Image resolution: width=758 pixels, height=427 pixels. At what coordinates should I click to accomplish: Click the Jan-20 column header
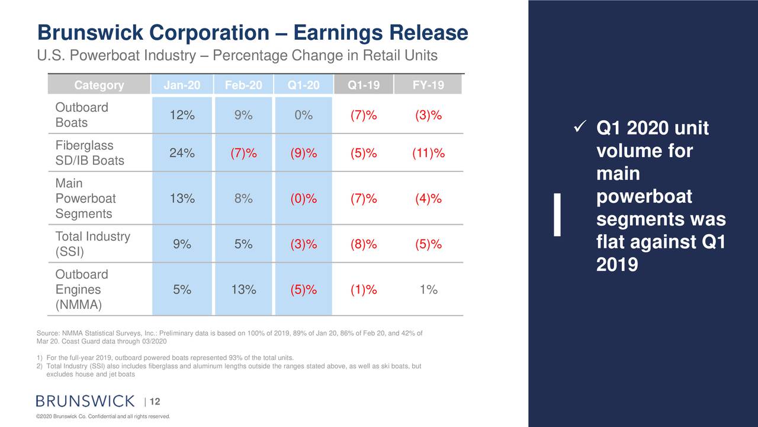[x=182, y=85]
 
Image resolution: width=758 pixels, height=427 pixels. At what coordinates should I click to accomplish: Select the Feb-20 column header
[x=243, y=85]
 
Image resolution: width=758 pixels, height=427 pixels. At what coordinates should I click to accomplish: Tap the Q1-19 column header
[x=364, y=85]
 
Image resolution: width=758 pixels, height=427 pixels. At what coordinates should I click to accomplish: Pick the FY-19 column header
[x=428, y=85]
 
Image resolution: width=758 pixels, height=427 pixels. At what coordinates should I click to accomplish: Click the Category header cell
[x=99, y=85]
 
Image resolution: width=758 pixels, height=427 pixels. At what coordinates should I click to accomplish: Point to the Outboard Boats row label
[x=81, y=115]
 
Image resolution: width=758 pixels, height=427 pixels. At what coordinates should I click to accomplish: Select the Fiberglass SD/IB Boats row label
[x=89, y=153]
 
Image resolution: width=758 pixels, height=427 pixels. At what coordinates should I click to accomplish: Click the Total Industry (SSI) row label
[x=92, y=244]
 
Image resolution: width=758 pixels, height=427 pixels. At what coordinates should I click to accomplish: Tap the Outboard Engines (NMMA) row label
[x=81, y=290]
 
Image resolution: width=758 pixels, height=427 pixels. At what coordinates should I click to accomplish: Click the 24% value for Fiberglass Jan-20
[x=182, y=154]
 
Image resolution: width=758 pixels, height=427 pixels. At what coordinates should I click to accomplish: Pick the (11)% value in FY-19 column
[x=428, y=154]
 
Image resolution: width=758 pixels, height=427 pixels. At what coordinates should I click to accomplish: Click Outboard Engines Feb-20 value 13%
[x=243, y=290]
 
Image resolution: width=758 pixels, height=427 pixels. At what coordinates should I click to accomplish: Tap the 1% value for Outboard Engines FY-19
[x=428, y=290]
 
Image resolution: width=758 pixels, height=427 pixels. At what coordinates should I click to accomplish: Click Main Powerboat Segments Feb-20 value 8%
[x=243, y=199]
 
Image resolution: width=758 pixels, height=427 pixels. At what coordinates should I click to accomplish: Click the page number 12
[x=155, y=402]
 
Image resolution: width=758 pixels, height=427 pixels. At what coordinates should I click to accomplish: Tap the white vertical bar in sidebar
[x=557, y=215]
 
